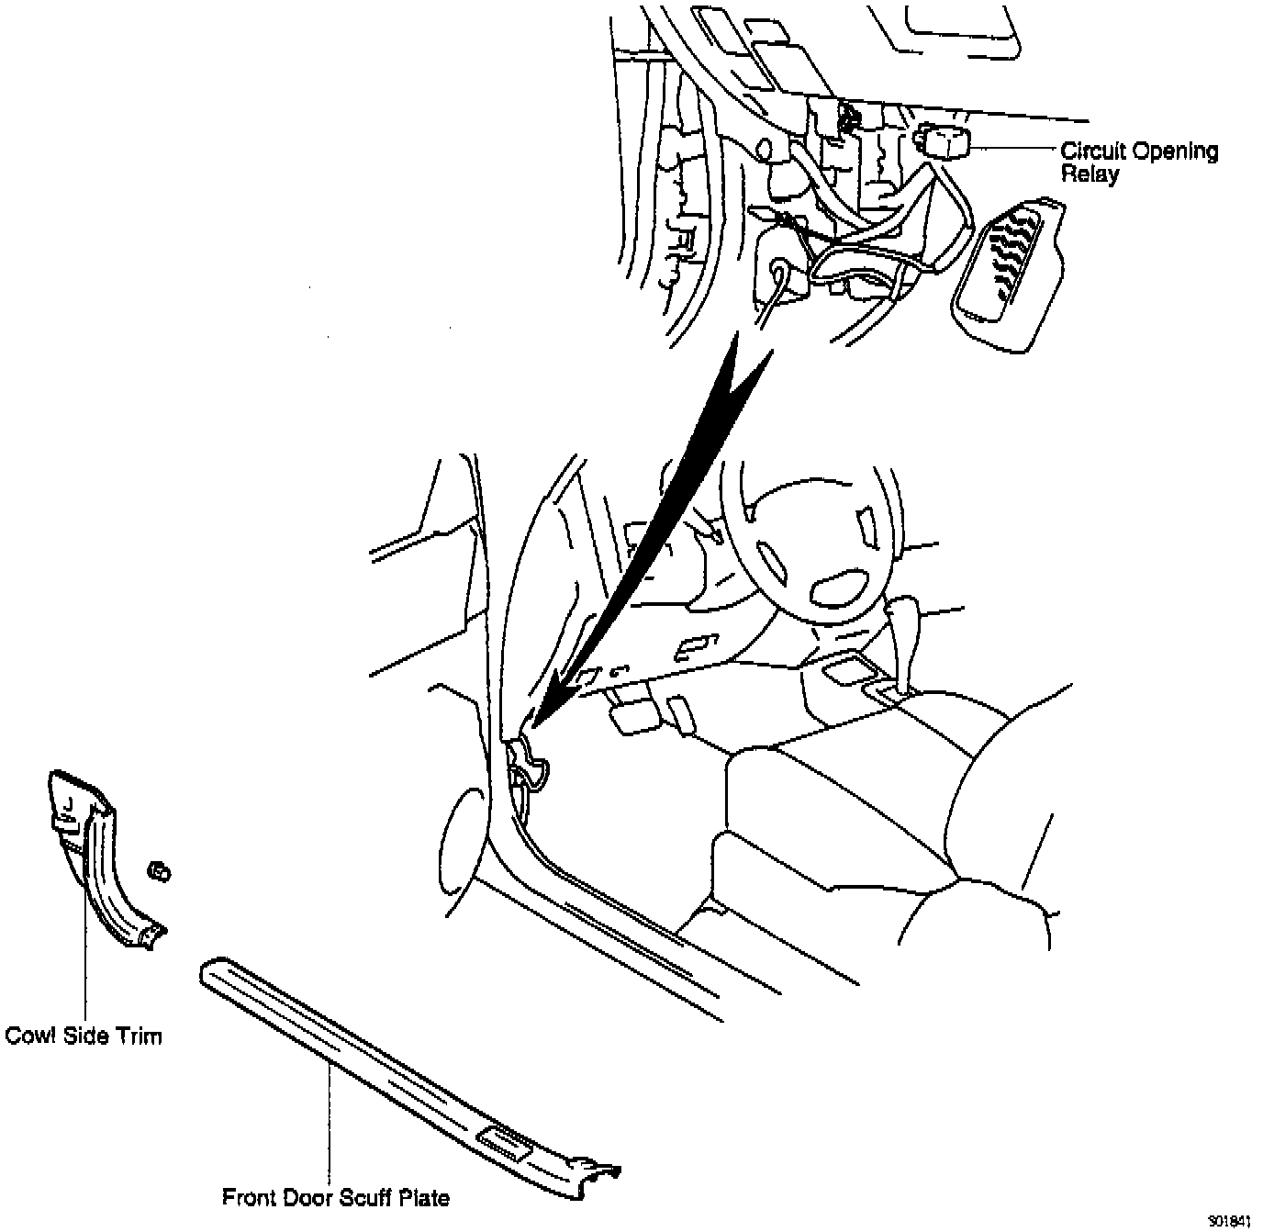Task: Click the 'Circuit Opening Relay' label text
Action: pyautogui.click(x=1138, y=162)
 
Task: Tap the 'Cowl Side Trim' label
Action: pyautogui.click(x=84, y=1036)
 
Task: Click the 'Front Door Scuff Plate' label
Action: pyautogui.click(x=336, y=1198)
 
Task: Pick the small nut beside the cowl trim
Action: pyautogui.click(x=160, y=870)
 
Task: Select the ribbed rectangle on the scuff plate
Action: pyautogui.click(x=504, y=1142)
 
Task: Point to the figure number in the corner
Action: pyautogui.click(x=1229, y=1222)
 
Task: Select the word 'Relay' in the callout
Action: pyautogui.click(x=1090, y=174)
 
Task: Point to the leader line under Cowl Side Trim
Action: pyautogui.click(x=84, y=955)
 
